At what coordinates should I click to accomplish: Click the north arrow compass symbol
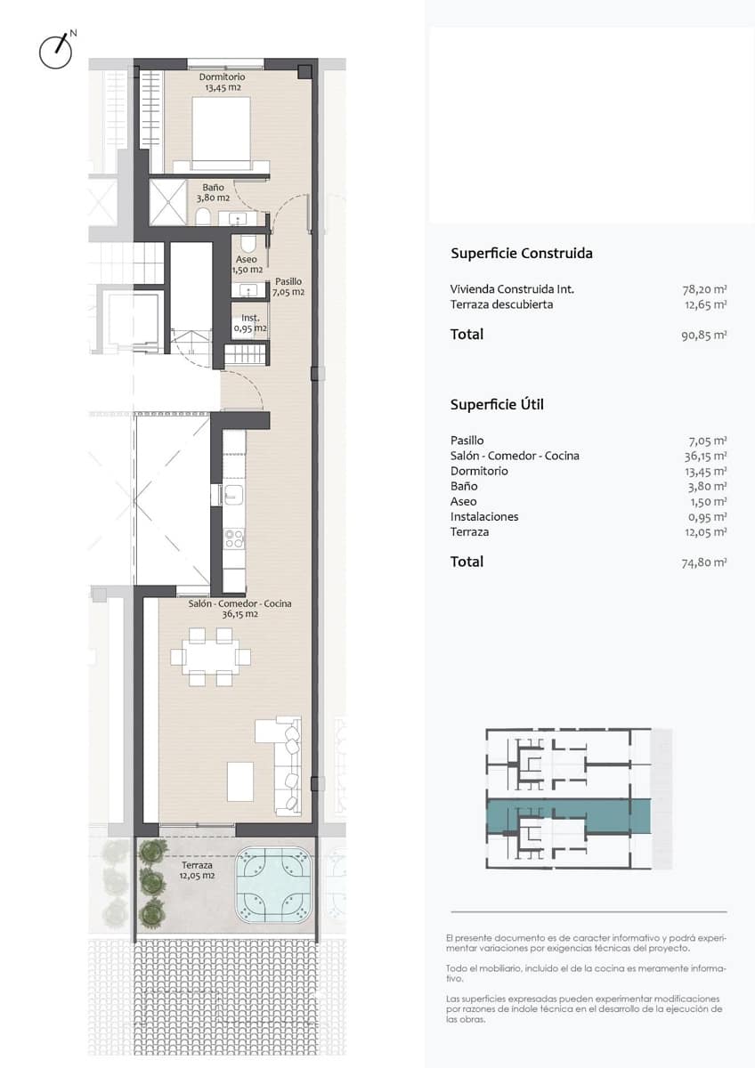coord(56,52)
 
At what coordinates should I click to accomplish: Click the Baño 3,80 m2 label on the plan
coord(213,193)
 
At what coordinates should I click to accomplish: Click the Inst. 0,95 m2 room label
coord(250,323)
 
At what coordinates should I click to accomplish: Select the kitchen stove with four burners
coord(234,538)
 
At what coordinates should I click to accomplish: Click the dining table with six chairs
coord(211,657)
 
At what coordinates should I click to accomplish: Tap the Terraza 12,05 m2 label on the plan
coord(198,870)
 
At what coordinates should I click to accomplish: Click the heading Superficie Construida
coord(522,254)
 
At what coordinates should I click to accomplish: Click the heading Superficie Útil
coord(497,405)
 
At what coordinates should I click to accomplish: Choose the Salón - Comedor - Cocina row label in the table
coord(515,456)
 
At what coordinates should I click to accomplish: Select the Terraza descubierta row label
coord(502,304)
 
